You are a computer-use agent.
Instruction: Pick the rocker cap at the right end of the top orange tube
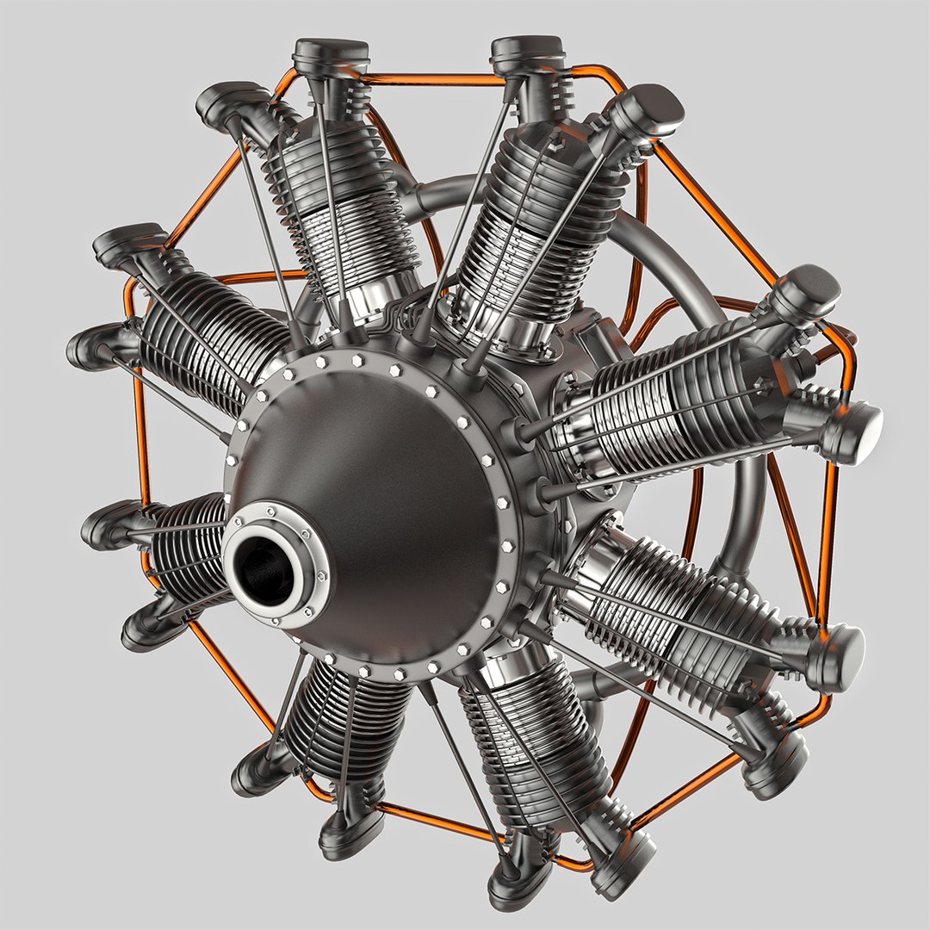pos(527,53)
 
